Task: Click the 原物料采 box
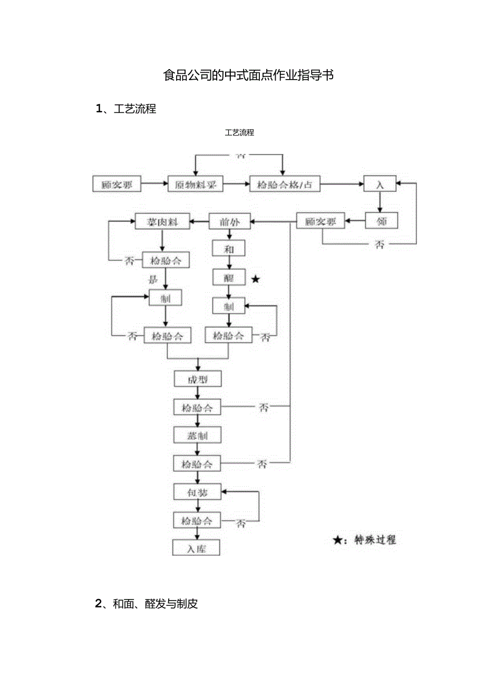pos(195,184)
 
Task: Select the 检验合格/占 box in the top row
pos(285,184)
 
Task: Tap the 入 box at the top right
pos(380,184)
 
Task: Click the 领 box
pos(382,221)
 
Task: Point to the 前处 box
pos(230,221)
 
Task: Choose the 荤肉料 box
pos(163,222)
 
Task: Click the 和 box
pos(228,249)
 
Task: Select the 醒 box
pos(228,277)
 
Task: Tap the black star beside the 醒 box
pos(255,279)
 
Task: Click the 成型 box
pos(198,379)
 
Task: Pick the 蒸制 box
pos(198,435)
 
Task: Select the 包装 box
pos(198,492)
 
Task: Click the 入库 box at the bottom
pos(196,548)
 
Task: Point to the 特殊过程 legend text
pos(375,539)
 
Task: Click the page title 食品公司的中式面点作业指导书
pos(248,75)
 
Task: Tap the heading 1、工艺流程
pos(126,109)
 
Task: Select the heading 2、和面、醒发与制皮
pos(147,604)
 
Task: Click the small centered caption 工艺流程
pos(239,132)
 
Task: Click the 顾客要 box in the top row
pos(117,184)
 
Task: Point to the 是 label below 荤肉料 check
pos(153,278)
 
